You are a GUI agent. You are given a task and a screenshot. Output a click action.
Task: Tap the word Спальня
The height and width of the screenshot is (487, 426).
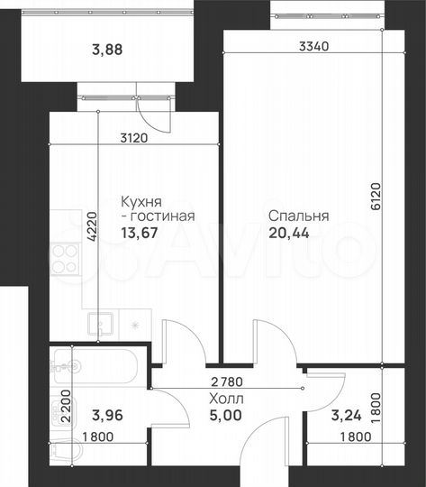[298, 216]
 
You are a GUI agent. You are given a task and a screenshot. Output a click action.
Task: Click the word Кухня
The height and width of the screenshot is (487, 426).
[141, 202]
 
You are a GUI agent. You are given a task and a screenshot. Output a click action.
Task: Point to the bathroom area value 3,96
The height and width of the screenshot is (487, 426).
[108, 416]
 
